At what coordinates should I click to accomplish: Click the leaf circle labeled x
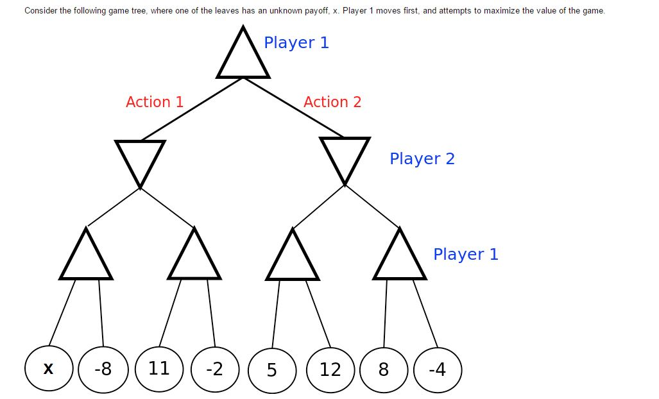49,368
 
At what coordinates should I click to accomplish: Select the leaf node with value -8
103,369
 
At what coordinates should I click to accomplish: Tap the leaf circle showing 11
159,368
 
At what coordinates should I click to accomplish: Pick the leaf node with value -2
215,369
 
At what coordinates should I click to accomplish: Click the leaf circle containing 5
272,370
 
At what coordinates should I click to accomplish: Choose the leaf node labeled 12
330,369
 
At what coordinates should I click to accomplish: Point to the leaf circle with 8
384,369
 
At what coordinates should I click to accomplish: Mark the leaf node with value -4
438,369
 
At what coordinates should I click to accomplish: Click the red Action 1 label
155,102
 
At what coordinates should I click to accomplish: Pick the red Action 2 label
332,102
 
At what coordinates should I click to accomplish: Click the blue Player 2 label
422,158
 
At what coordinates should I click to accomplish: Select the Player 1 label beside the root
296,43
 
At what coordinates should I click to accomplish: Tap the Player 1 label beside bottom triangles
466,254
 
